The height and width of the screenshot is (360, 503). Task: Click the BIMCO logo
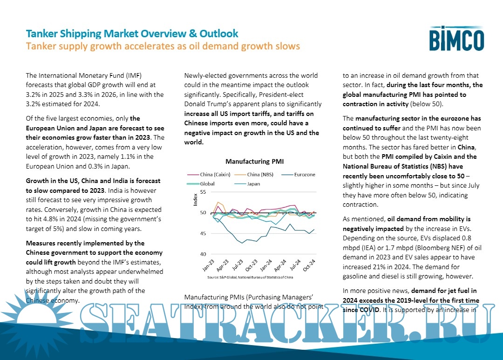(x=456, y=38)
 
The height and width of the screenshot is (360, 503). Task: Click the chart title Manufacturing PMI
(x=254, y=162)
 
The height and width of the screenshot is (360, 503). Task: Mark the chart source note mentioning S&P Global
(x=250, y=277)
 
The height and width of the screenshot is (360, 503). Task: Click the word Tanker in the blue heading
(x=41, y=34)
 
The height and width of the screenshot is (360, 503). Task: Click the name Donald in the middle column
(x=197, y=104)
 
